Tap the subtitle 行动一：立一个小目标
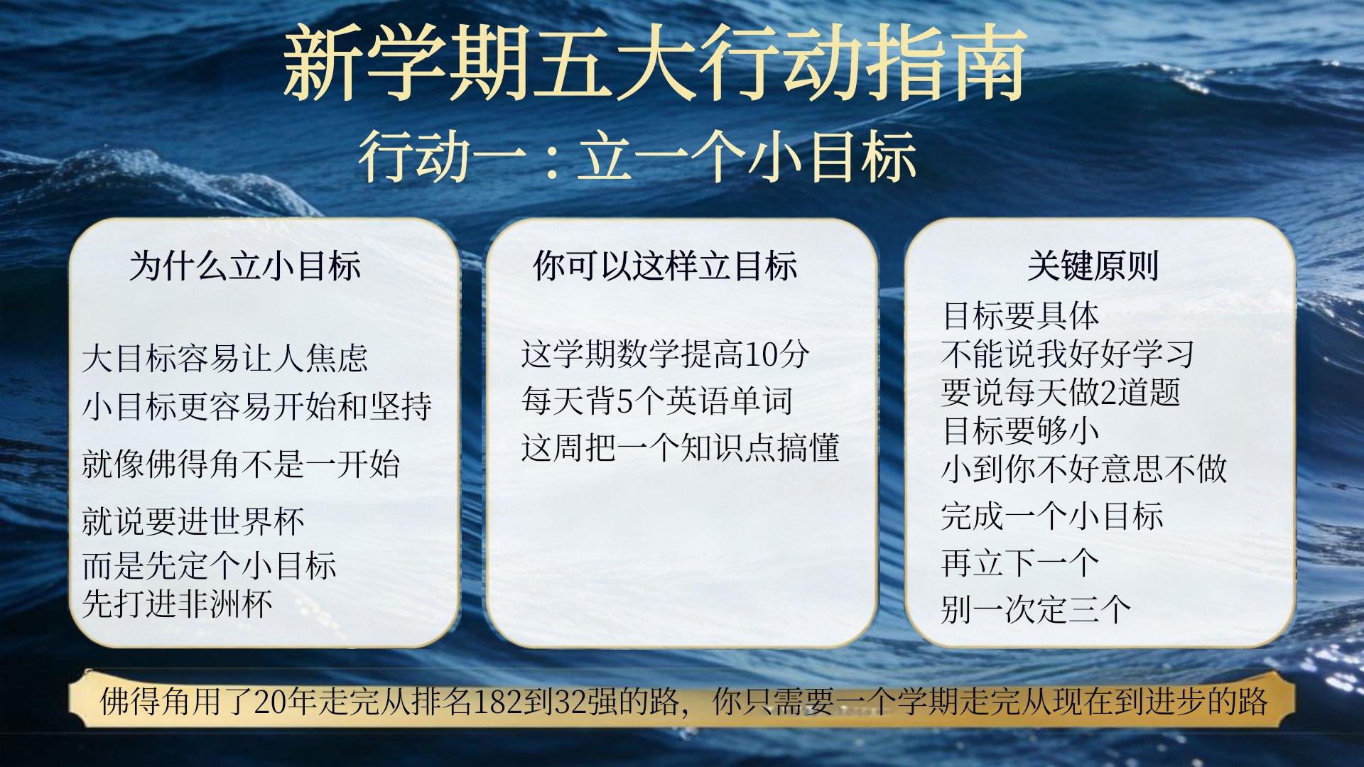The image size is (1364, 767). [637, 156]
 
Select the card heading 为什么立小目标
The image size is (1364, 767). [245, 266]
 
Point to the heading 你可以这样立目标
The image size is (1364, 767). [666, 266]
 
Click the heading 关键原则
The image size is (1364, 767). [1093, 266]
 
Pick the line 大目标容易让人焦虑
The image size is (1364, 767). [225, 358]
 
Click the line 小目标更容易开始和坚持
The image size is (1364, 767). [257, 406]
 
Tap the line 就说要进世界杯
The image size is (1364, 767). [193, 521]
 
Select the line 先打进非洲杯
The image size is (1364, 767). [178, 604]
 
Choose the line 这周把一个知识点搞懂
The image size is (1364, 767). [680, 447]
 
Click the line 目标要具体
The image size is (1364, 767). [1021, 316]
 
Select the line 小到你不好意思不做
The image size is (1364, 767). [1084, 469]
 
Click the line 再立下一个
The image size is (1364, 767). [1020, 563]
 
